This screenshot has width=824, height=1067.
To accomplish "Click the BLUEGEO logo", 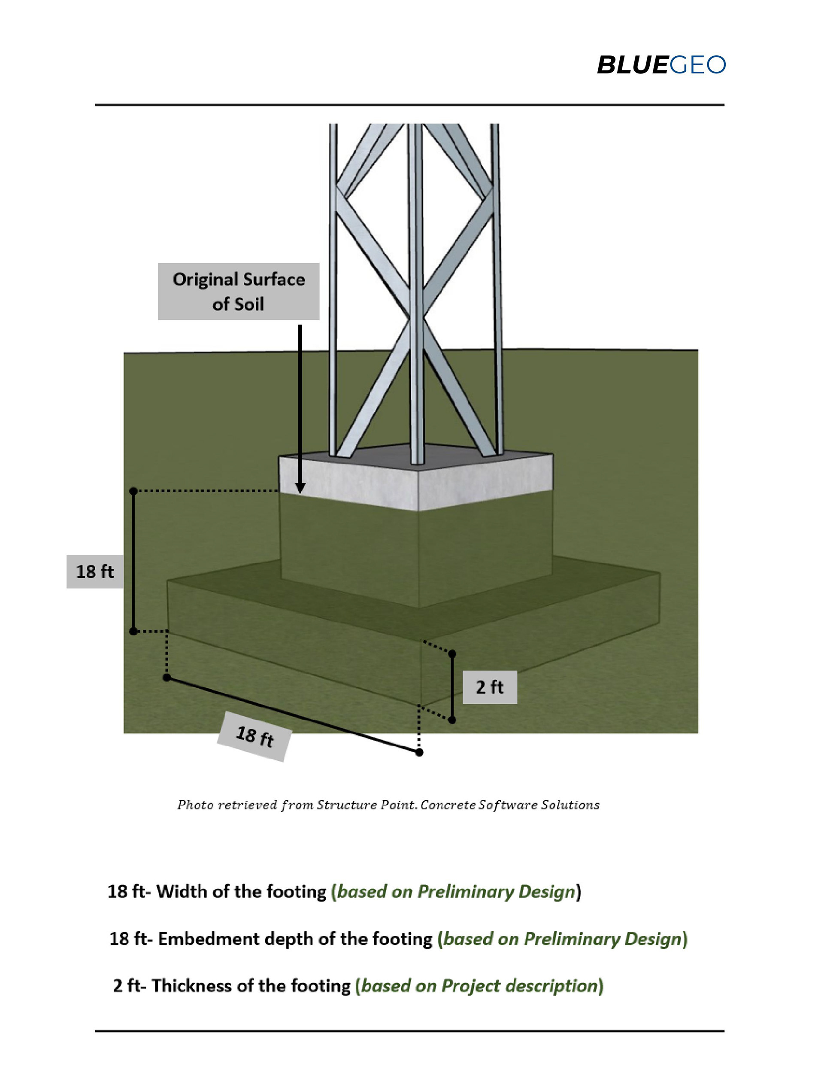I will click(660, 65).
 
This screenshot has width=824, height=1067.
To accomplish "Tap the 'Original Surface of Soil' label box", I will click(238, 291).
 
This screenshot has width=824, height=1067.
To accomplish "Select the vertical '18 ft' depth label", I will click(95, 571).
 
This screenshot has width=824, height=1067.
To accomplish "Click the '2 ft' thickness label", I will click(489, 687).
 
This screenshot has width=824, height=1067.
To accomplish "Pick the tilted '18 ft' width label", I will click(254, 736).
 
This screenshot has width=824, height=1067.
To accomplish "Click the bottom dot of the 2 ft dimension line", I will click(452, 720).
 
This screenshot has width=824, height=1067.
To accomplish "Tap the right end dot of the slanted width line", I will click(419, 752).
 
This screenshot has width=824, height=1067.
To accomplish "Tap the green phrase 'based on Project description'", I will click(480, 986).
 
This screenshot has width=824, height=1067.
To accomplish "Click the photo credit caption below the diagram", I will click(388, 805).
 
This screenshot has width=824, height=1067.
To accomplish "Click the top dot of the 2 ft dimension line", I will click(452, 654).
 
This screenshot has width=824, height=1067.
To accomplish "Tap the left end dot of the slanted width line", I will click(167, 678).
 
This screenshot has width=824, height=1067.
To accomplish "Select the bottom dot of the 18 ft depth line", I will click(133, 631).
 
